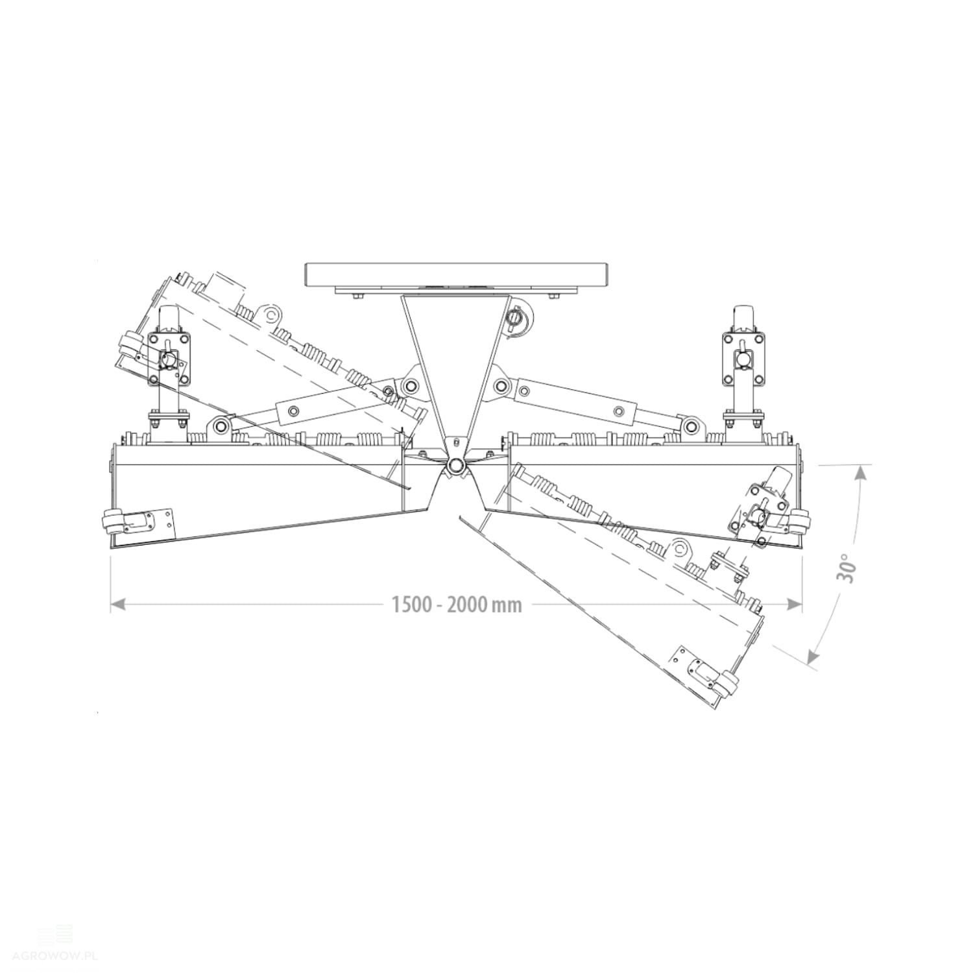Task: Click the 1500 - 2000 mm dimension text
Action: (x=457, y=605)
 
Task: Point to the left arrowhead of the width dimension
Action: (x=117, y=604)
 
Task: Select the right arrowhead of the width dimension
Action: (x=795, y=604)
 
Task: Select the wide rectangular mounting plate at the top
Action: (x=457, y=274)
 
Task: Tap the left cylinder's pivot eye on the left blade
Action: (x=221, y=426)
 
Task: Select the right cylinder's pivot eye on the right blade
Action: (x=691, y=426)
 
